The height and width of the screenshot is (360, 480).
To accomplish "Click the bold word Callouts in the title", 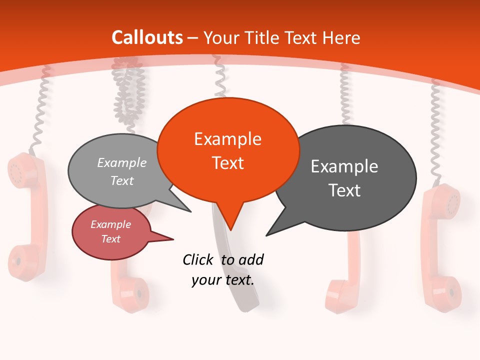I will click(147, 37).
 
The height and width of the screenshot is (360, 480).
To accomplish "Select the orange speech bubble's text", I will click(228, 151).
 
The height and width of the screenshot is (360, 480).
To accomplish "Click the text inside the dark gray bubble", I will click(344, 178).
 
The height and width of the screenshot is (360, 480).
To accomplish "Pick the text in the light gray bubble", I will click(122, 171).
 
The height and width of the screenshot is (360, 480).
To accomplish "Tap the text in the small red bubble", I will click(111, 231).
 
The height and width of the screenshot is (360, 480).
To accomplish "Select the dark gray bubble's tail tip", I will click(267, 235).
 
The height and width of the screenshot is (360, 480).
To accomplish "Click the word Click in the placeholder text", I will click(199, 259).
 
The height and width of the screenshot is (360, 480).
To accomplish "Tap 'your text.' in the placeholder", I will click(223, 280).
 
